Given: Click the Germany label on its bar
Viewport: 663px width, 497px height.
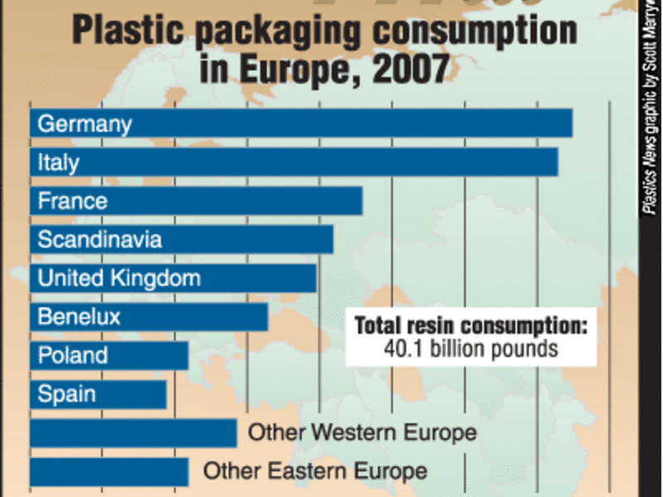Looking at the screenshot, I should coord(85,124).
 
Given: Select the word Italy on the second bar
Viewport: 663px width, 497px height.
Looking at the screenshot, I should coord(58,162).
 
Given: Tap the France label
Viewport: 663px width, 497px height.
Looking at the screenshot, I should coord(72,201).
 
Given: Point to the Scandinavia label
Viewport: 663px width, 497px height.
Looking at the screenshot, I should coord(99,240).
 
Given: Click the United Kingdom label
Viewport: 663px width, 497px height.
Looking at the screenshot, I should coord(119,278).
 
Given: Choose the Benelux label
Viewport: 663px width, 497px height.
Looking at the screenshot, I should coord(79,316).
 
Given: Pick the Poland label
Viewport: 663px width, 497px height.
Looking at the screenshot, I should coord(73,355).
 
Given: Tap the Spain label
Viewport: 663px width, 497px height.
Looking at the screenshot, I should coord(66,394).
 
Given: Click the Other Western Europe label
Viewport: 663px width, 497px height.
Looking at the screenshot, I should coord(362,432).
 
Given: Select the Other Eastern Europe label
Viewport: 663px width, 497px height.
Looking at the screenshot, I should coord(315,472).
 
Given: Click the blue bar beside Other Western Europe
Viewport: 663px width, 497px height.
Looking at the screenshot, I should coord(133,433).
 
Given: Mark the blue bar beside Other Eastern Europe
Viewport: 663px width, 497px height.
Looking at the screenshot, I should coord(109,472).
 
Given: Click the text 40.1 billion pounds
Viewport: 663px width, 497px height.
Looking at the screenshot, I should coord(470,349).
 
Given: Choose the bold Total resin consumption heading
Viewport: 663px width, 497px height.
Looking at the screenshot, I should coord(470,326).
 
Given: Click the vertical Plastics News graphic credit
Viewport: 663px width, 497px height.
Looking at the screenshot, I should coord(651,108).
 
